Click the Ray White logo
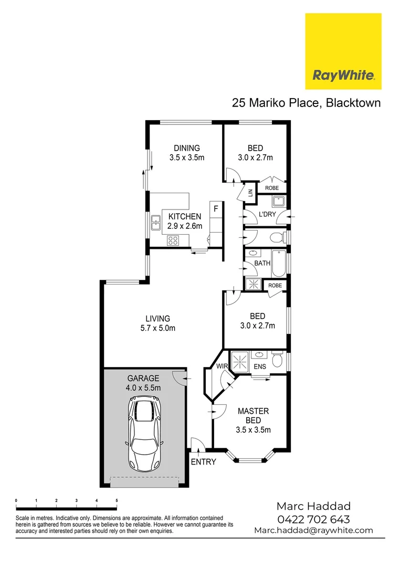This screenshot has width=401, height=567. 343,51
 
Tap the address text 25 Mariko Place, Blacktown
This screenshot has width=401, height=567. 307,102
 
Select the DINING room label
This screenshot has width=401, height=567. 187,148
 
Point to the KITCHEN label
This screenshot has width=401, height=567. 184,216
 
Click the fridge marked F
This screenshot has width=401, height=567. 215,208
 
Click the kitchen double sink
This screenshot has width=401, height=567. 156,223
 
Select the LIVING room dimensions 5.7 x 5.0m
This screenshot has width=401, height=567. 158,329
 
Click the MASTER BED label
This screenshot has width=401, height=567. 253,415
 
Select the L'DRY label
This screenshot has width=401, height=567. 267,214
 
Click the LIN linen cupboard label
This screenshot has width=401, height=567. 250,193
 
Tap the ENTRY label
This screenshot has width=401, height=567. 203,461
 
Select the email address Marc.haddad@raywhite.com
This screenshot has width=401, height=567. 313,530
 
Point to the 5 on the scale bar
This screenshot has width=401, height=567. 117,501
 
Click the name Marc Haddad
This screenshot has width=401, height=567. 313,506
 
